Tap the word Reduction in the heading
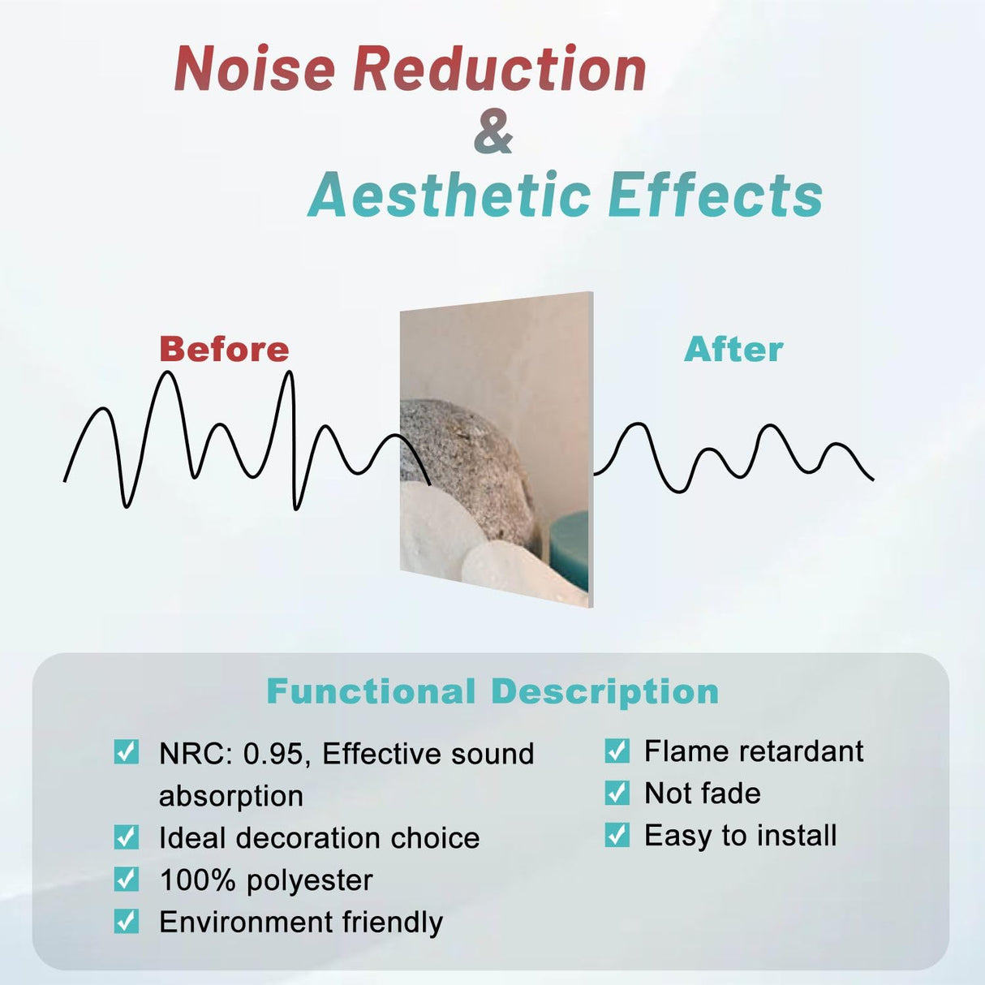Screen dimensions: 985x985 500,69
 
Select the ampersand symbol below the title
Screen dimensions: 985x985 493,132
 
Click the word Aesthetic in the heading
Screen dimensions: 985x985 449,196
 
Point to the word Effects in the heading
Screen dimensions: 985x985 715,196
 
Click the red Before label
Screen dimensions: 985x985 224,350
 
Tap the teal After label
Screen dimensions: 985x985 733,350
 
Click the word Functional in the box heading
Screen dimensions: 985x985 371,692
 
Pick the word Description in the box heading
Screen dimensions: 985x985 604,692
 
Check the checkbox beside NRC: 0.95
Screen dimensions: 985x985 127,752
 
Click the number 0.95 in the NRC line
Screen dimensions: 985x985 273,755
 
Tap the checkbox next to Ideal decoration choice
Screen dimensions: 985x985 127,837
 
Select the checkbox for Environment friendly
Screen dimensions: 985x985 127,921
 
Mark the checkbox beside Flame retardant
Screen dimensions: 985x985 617,751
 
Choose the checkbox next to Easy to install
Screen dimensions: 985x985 617,834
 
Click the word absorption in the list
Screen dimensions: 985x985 231,797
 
